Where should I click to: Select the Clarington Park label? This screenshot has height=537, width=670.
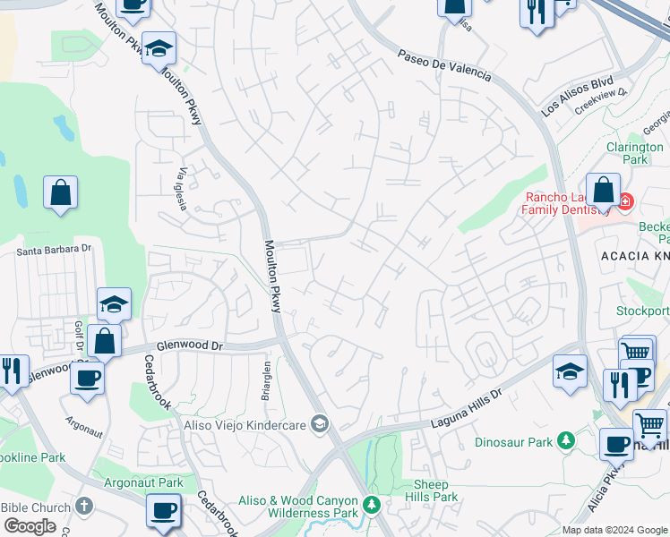(x=634, y=153)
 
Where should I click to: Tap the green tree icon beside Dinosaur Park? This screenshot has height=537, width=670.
(x=565, y=440)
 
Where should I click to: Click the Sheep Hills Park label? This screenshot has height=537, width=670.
(x=431, y=490)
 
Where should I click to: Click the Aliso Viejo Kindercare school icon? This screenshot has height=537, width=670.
(x=319, y=424)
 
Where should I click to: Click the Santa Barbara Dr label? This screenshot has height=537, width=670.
(x=54, y=250)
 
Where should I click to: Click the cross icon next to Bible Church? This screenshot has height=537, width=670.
(x=85, y=507)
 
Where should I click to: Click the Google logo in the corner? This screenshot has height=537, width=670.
(x=30, y=526)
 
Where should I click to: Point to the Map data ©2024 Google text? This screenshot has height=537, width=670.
(x=614, y=530)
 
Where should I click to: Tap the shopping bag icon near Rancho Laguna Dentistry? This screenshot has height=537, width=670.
(x=604, y=192)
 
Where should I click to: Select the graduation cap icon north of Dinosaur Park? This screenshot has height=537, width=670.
(x=571, y=370)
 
